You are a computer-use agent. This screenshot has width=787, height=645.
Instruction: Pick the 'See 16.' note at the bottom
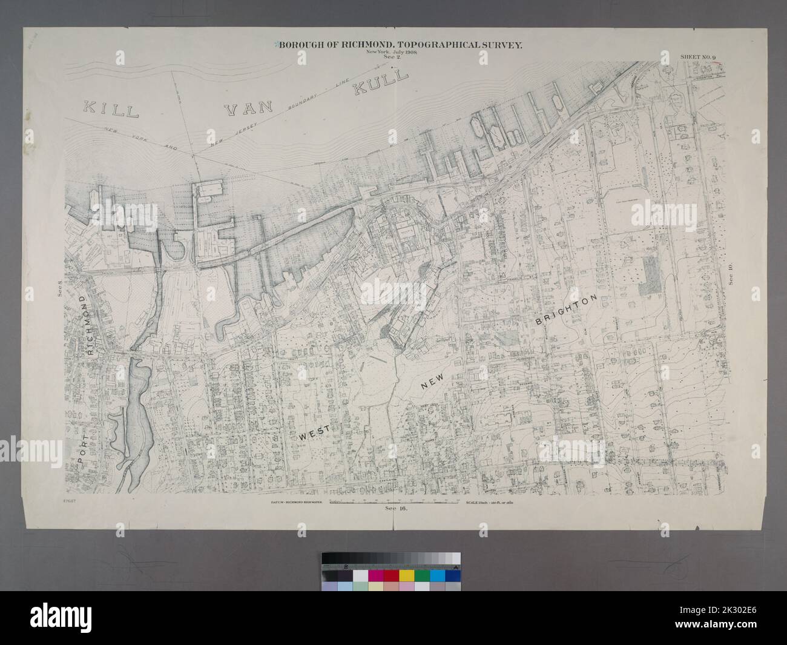[394, 509]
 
